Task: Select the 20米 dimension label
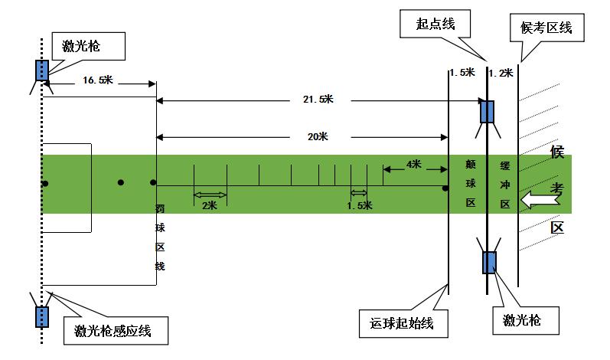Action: click(317, 137)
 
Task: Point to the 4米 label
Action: click(413, 164)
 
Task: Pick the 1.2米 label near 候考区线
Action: click(501, 73)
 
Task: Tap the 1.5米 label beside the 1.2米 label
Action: click(463, 73)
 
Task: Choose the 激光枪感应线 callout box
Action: click(113, 331)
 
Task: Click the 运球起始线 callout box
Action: click(397, 322)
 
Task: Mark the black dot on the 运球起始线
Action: click(445, 186)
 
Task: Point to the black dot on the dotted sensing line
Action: click(45, 183)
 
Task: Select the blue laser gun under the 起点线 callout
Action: click(488, 112)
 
